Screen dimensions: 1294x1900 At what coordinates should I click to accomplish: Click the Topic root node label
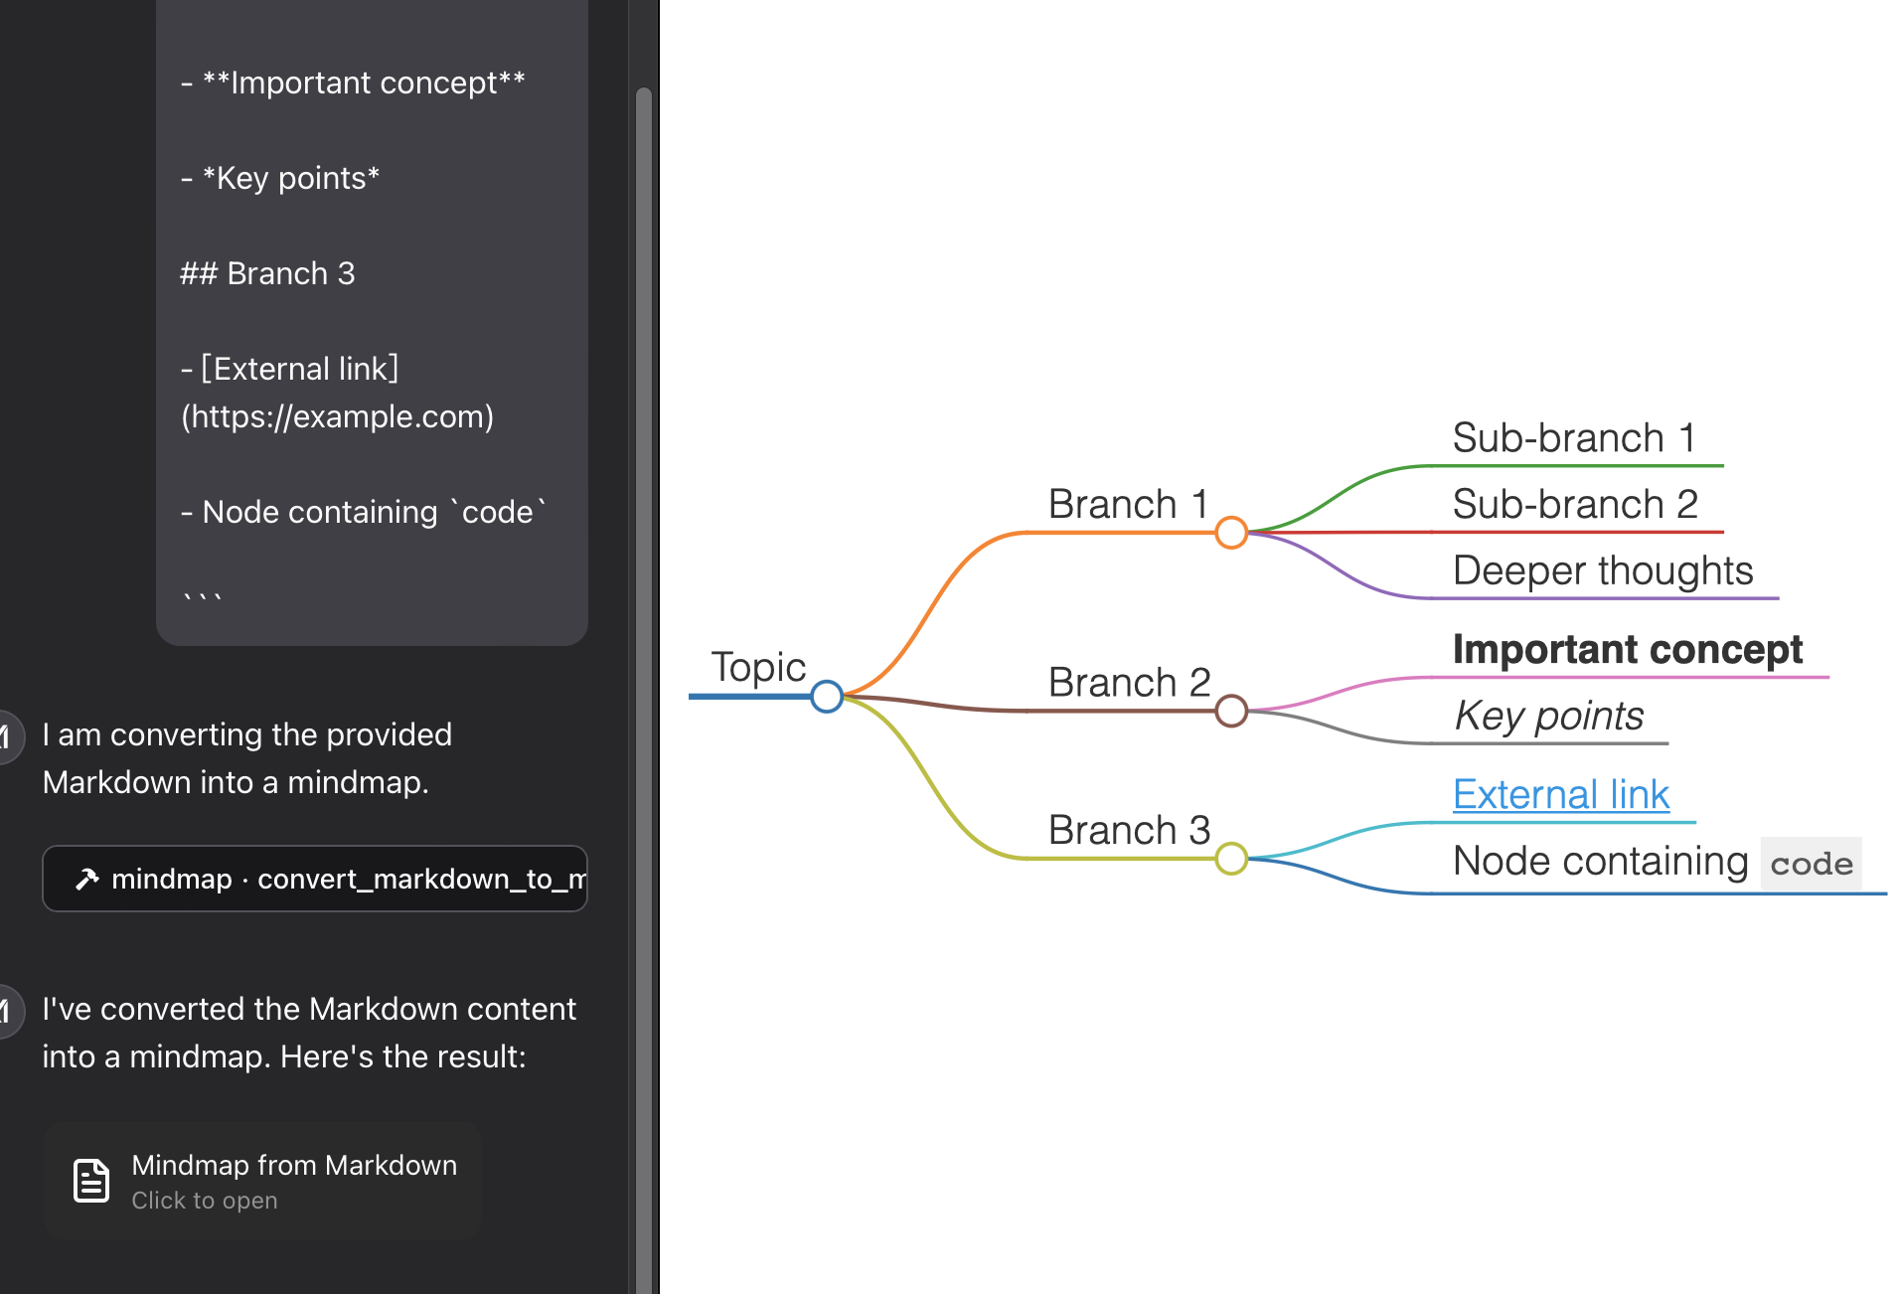coord(758,667)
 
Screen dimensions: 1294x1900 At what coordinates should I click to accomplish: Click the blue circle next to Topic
coord(827,696)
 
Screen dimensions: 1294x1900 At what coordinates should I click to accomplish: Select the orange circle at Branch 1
coord(1231,533)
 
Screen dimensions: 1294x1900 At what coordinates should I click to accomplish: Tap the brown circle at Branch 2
coord(1231,711)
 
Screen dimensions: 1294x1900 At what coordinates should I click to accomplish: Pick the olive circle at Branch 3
coord(1231,858)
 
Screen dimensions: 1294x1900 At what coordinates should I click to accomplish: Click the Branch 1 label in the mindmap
coord(1128,505)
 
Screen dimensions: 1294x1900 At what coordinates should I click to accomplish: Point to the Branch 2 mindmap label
coord(1129,683)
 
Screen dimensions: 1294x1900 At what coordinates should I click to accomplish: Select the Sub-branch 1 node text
coord(1573,438)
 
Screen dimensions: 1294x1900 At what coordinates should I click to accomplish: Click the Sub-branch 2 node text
coord(1575,505)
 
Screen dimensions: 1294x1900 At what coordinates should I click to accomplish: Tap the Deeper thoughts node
coord(1602,571)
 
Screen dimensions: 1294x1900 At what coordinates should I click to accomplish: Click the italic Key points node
coord(1548,716)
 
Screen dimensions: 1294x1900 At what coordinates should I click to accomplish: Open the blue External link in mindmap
coord(1560,795)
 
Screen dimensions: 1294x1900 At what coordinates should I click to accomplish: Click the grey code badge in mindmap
coord(1811,864)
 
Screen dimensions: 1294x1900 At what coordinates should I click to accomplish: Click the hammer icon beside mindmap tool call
coord(87,879)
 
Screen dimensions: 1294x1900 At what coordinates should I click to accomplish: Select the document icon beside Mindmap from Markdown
coord(91,1181)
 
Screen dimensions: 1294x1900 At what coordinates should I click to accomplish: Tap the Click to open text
coord(205,1201)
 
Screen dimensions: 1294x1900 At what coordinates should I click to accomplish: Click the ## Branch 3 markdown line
coord(267,273)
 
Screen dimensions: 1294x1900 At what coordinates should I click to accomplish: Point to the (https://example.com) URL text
coord(337,416)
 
